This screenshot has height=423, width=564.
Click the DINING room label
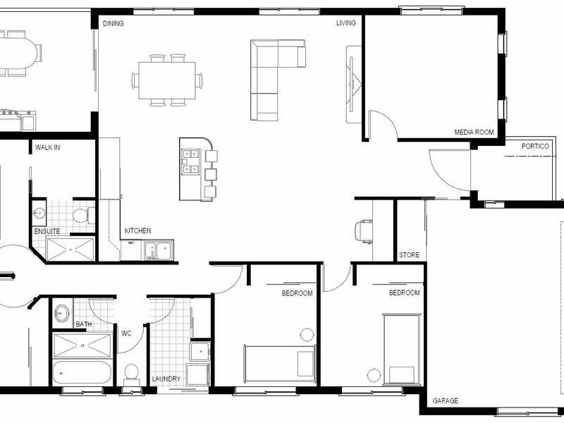114,24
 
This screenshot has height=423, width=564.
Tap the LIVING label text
346,23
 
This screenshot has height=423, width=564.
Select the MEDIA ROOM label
474,132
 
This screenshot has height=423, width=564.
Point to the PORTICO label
535,147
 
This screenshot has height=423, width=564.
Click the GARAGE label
446,400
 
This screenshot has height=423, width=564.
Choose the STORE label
409,255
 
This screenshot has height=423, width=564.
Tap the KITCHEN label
137,231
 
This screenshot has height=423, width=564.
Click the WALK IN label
47,148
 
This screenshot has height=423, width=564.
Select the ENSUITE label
47,231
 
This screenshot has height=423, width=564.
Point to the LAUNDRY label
166,379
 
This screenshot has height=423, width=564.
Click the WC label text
127,333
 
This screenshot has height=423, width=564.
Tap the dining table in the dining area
167,80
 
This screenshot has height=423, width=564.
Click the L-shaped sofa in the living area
268,78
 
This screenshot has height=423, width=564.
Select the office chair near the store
364,231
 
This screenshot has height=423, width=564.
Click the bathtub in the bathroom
82,372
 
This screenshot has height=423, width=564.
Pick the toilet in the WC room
131,372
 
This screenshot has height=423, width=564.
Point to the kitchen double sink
158,250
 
